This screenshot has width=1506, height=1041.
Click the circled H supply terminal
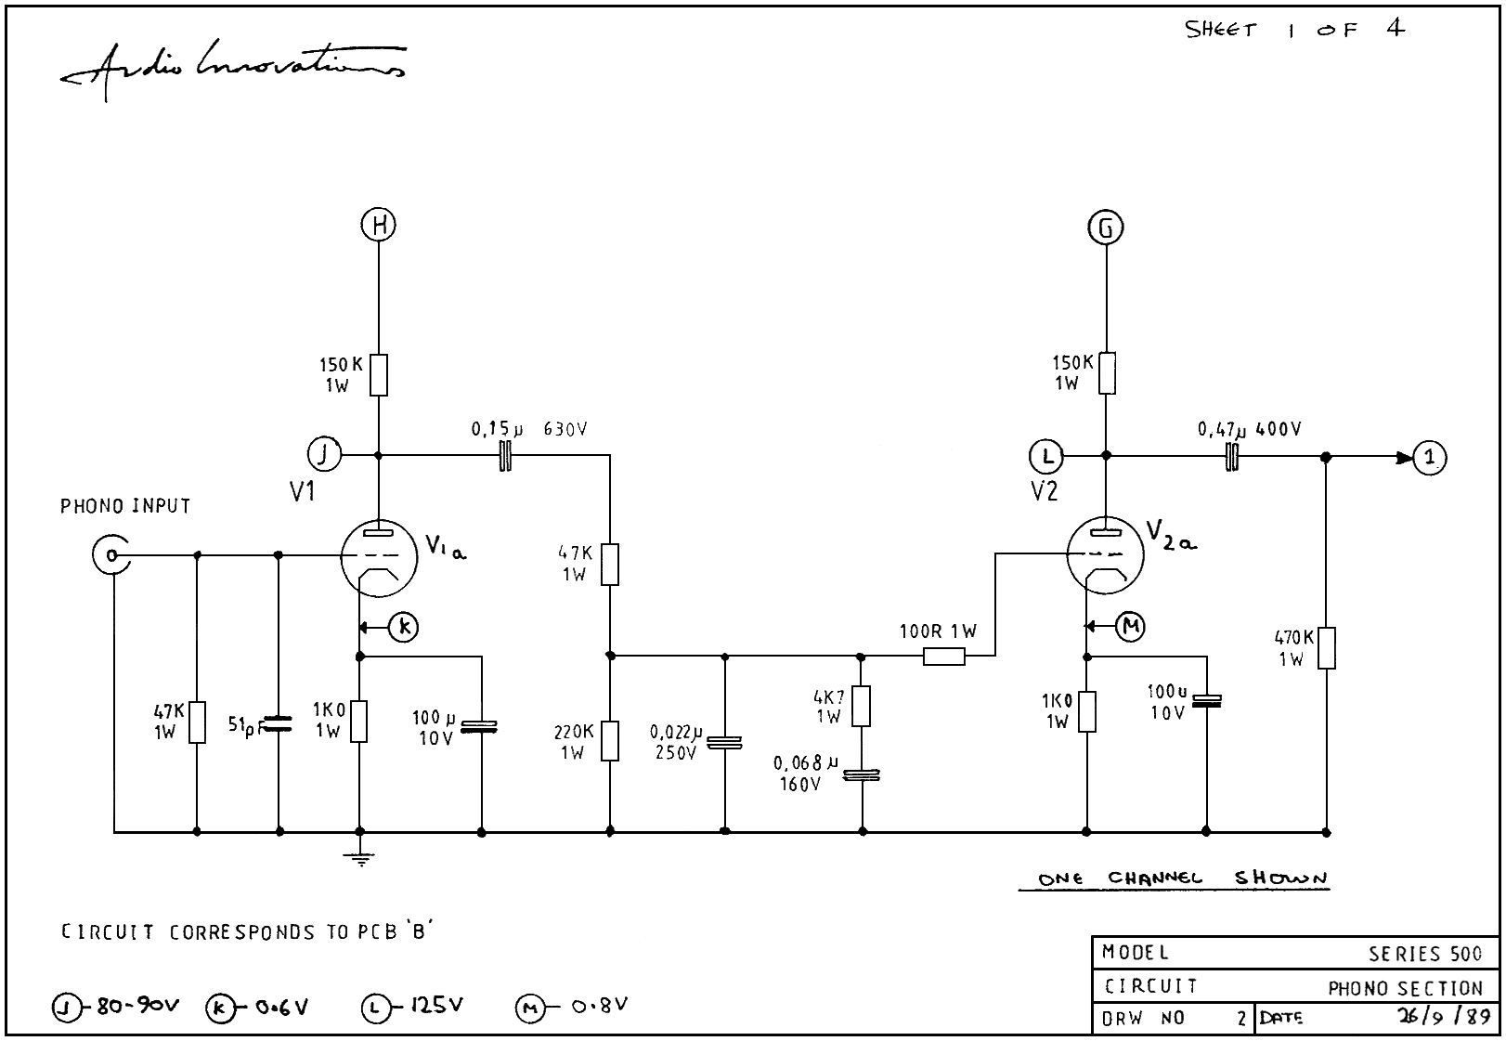point(379,225)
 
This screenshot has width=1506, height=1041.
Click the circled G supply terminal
point(1106,228)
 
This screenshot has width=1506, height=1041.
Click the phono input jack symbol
point(110,555)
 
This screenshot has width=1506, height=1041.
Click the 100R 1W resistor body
point(944,657)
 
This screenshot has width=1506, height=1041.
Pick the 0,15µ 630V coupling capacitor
point(505,455)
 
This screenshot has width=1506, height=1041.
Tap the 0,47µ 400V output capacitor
point(1232,456)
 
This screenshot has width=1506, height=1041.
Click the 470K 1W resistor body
point(1326,648)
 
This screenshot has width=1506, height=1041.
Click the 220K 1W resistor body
point(609,740)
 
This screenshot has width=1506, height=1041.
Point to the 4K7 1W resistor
point(862,706)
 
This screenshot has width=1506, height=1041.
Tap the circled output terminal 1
point(1430,457)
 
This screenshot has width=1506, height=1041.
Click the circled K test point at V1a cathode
point(404,628)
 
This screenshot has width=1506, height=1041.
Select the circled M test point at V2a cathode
point(1131,627)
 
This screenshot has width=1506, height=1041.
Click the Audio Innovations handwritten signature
point(232,65)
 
